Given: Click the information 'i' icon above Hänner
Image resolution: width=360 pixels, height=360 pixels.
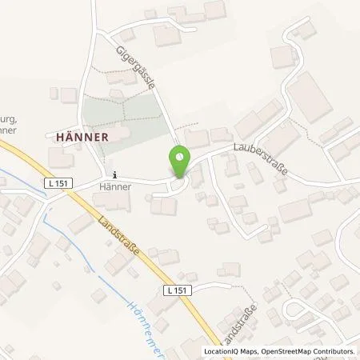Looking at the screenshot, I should coord(114,175).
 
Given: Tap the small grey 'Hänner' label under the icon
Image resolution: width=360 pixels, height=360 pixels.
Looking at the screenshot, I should coord(116,187).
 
